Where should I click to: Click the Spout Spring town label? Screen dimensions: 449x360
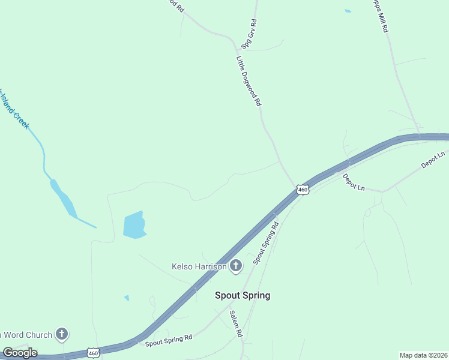pyautogui.click(x=243, y=295)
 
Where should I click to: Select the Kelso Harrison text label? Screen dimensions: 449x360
pyautogui.click(x=199, y=266)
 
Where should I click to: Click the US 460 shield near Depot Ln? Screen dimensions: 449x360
pyautogui.click(x=303, y=190)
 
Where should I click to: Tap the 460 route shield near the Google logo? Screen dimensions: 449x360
pyautogui.click(x=92, y=353)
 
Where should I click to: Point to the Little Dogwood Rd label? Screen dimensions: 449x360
pyautogui.click(x=249, y=81)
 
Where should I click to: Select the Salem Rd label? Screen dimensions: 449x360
pyautogui.click(x=235, y=324)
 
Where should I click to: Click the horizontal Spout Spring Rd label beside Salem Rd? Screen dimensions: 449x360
pyautogui.click(x=169, y=340)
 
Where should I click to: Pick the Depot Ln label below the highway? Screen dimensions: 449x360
pyautogui.click(x=354, y=182)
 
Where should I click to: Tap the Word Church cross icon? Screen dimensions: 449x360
pyautogui.click(x=61, y=334)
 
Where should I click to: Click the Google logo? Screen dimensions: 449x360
pyautogui.click(x=20, y=353)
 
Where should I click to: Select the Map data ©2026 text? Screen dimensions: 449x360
pyautogui.click(x=423, y=355)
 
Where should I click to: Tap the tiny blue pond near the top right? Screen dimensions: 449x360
pyautogui.click(x=348, y=11)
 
